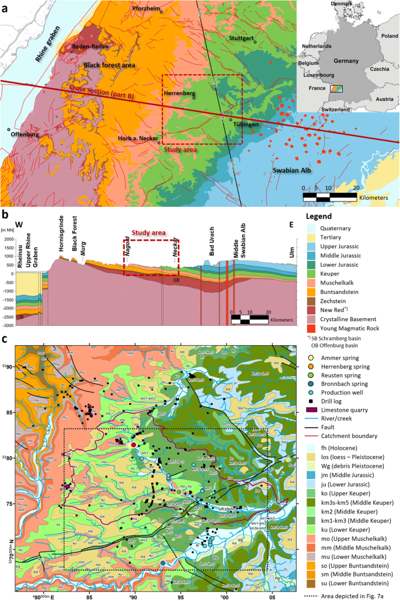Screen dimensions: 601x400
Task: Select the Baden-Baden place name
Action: (88, 46)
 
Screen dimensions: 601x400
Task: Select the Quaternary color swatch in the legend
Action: (313, 230)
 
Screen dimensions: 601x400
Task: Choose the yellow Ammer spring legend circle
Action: (313, 357)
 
